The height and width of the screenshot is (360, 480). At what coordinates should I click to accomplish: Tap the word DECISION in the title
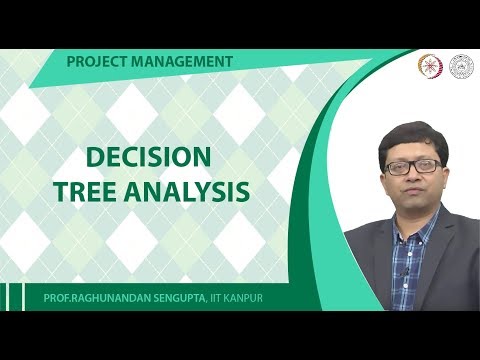[148, 157]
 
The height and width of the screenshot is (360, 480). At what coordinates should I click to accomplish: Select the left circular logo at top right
[429, 65]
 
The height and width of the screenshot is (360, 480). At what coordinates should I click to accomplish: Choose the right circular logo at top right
[461, 65]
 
